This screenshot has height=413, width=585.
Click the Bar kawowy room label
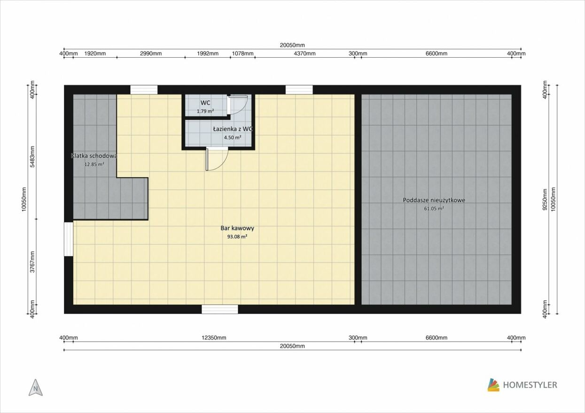pyautogui.click(x=237, y=228)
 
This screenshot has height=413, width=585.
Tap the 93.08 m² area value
pyautogui.click(x=237, y=237)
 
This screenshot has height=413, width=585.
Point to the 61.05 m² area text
pyautogui.click(x=434, y=208)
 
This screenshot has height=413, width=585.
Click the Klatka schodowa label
pyautogui.click(x=94, y=156)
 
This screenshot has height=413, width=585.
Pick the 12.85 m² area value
pyautogui.click(x=94, y=164)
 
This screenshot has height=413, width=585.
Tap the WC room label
pyautogui.click(x=205, y=103)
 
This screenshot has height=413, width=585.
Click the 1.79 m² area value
pyautogui.click(x=205, y=111)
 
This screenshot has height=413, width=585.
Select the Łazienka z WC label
pyautogui.click(x=233, y=129)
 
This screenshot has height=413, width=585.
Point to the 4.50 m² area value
pyautogui.click(x=233, y=137)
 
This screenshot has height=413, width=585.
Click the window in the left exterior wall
pyautogui.click(x=69, y=239)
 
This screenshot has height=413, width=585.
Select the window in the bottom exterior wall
pyautogui.click(x=219, y=309)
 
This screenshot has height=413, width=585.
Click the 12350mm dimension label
pyautogui.click(x=214, y=338)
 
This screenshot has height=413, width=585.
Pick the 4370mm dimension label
pyautogui.click(x=304, y=54)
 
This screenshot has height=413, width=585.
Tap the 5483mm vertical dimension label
pyautogui.click(x=32, y=157)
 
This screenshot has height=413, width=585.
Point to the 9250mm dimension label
pyautogui.click(x=545, y=199)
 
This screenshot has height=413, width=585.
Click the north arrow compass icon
pyautogui.click(x=36, y=388)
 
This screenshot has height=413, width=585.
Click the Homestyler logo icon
pyautogui.click(x=493, y=385)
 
